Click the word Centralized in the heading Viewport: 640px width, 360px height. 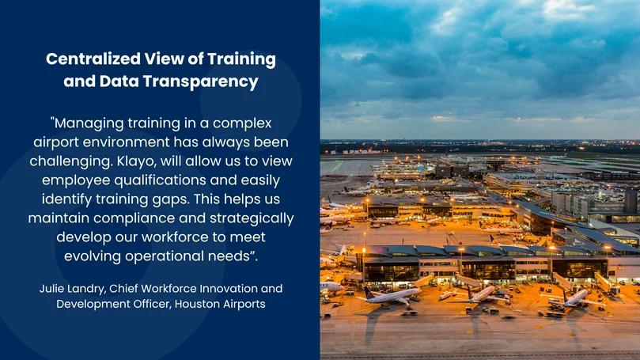click(x=93, y=59)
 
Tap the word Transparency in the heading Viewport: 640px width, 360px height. click(x=201, y=81)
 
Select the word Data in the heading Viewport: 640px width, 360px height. click(x=119, y=81)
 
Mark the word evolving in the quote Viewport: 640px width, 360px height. click(x=93, y=256)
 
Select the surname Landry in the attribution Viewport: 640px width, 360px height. click(x=86, y=290)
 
